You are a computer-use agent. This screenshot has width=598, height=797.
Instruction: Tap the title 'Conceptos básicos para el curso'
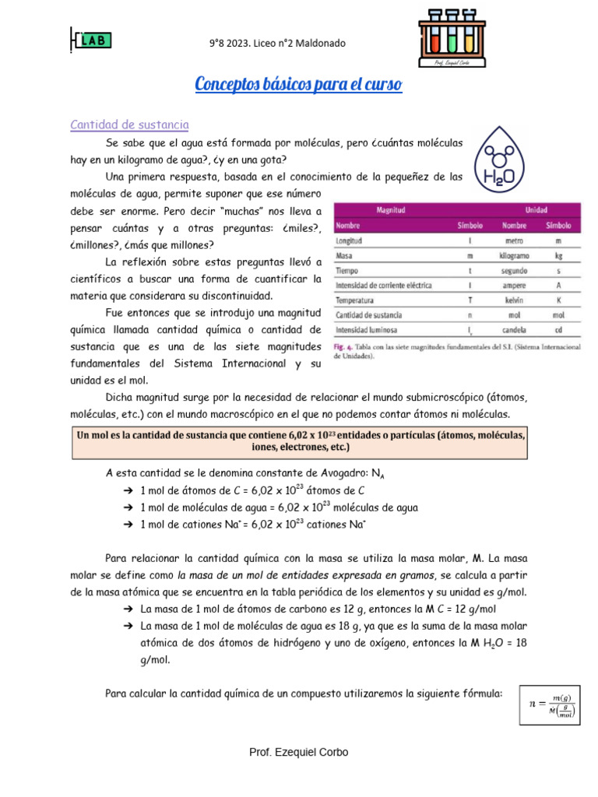298,84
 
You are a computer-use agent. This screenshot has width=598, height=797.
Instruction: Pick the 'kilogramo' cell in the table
514,255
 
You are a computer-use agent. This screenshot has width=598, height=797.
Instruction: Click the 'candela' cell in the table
514,329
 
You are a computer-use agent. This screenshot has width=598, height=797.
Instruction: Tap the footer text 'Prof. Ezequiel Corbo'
298,752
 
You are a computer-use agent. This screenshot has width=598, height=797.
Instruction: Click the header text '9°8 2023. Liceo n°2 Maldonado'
277,44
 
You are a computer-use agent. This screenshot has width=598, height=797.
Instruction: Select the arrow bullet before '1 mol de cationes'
128,525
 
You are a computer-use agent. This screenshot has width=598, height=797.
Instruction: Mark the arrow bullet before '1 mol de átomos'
128,490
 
